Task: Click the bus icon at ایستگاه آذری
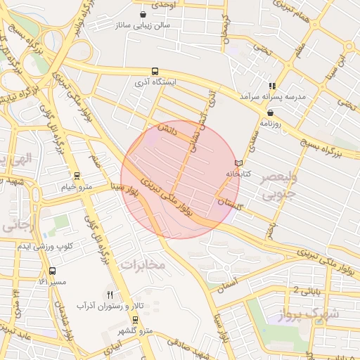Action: [154, 71]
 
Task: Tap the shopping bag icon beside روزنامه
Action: [271, 112]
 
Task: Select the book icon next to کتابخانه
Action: [238, 163]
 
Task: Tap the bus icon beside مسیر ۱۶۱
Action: [53, 271]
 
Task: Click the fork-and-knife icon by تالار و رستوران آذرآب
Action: [109, 294]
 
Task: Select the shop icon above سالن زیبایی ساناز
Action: [143, 14]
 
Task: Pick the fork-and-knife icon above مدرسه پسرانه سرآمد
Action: [272, 85]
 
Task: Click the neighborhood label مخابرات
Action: [143, 264]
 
